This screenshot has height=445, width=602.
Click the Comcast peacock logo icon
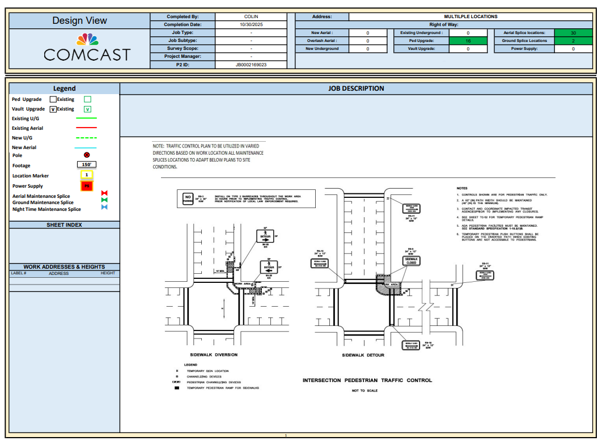coord(87,40)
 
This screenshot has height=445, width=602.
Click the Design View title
coord(79,20)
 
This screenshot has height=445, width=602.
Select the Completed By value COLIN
coord(251,17)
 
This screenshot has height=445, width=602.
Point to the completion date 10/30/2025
coord(251,25)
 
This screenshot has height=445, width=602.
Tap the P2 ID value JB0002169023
coord(251,65)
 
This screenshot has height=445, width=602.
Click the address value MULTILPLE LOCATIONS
coord(470,17)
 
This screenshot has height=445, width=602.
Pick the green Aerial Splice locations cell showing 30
coord(573,33)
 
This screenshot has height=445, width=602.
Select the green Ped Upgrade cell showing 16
coord(468,41)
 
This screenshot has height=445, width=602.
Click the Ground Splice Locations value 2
coord(573,41)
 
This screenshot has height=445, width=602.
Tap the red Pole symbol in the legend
coord(87,155)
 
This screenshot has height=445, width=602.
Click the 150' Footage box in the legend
coord(87,165)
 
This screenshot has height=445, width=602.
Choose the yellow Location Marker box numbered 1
coord(87,175)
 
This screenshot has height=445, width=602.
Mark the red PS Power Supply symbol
coord(87,186)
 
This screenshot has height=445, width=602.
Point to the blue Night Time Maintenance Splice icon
coord(104,207)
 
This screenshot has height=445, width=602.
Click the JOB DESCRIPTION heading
coord(356,88)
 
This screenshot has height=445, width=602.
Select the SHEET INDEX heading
coord(64,225)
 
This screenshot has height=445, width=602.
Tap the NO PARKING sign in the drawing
coord(188,198)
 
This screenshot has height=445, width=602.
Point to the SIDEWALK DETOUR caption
coord(363,355)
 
